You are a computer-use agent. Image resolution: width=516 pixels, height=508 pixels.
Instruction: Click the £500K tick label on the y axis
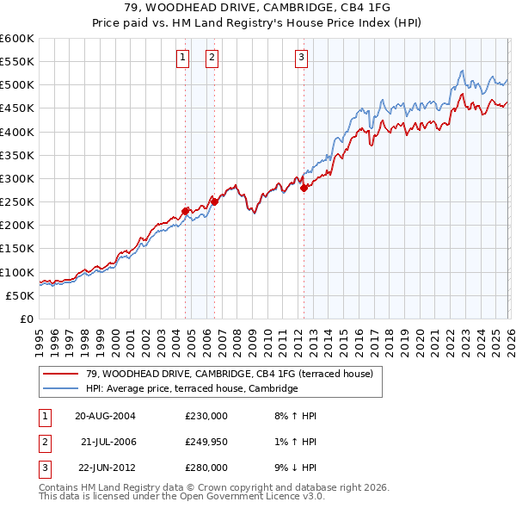point(17,85)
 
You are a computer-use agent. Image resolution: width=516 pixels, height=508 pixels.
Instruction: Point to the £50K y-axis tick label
point(20,295)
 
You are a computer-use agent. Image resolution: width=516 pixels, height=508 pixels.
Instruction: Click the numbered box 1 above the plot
point(183,59)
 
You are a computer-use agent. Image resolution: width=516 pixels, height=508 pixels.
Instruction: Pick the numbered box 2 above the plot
point(212,59)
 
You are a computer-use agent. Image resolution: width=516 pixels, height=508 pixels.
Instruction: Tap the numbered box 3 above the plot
point(302,59)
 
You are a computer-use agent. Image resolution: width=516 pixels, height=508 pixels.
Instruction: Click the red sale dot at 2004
point(185,210)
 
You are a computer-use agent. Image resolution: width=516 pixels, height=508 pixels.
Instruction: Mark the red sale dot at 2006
point(214,201)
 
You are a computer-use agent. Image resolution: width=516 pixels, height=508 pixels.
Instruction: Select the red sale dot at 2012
point(304,188)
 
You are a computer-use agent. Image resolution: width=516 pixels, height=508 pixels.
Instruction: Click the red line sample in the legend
point(61,374)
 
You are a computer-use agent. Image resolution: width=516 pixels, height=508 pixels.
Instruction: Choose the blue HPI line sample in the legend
point(61,388)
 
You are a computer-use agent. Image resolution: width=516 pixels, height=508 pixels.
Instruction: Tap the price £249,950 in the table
point(206,441)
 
